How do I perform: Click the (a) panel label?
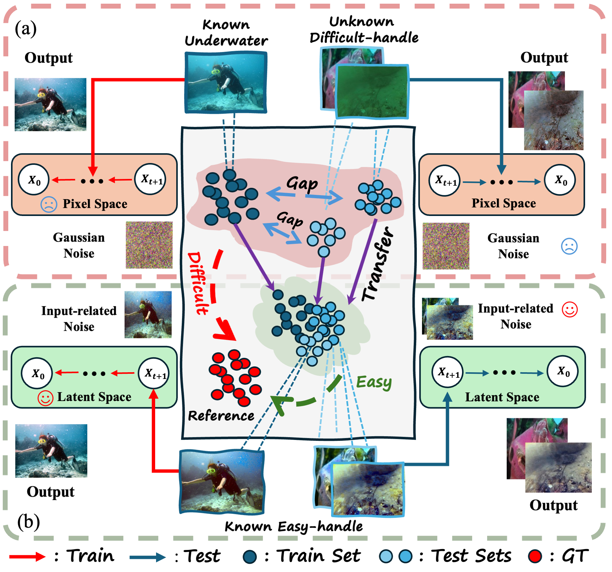(26, 29)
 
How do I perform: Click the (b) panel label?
(28, 522)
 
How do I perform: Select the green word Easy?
(373, 382)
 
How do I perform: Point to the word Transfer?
(377, 264)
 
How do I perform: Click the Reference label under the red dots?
(221, 416)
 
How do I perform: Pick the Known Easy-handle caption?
(294, 527)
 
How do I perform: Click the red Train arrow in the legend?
(27, 557)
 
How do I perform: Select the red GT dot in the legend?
(535, 557)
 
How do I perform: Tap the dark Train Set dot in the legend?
(250, 557)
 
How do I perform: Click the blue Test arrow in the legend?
(147, 557)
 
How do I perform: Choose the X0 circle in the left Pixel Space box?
(34, 180)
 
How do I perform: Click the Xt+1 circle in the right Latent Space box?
(448, 372)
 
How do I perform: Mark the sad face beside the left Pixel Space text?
(49, 204)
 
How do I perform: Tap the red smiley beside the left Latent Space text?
(45, 398)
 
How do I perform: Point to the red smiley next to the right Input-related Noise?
(569, 309)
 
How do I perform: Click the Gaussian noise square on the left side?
(149, 245)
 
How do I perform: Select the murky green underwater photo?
(372, 92)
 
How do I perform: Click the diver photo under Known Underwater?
(226, 82)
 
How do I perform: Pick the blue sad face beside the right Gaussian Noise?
(569, 246)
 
